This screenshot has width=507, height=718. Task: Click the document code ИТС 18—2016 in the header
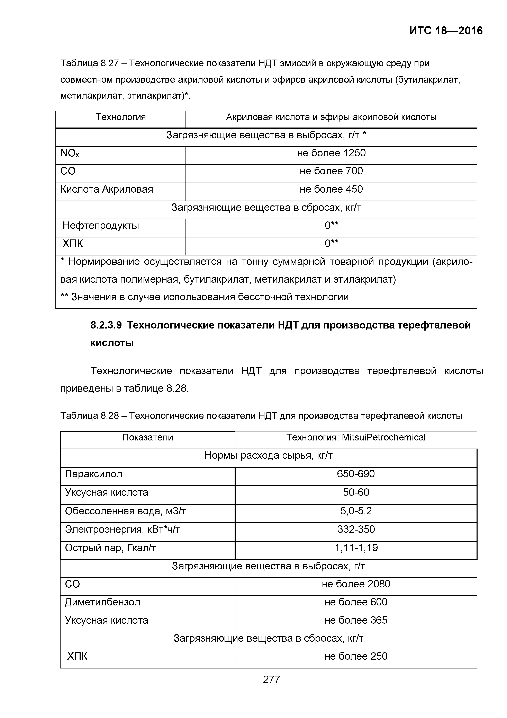pos(446,31)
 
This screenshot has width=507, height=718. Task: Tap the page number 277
pos(271,679)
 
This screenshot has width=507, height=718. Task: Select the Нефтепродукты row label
pos(101,226)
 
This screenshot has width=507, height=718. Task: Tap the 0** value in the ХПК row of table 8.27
pos(332,243)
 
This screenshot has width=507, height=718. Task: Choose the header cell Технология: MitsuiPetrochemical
pos(356,437)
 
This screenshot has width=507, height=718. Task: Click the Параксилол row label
pos(93,474)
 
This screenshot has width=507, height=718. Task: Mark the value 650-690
pos(356,474)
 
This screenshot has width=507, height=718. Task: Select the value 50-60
pos(356,492)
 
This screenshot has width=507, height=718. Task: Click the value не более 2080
pos(356,584)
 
